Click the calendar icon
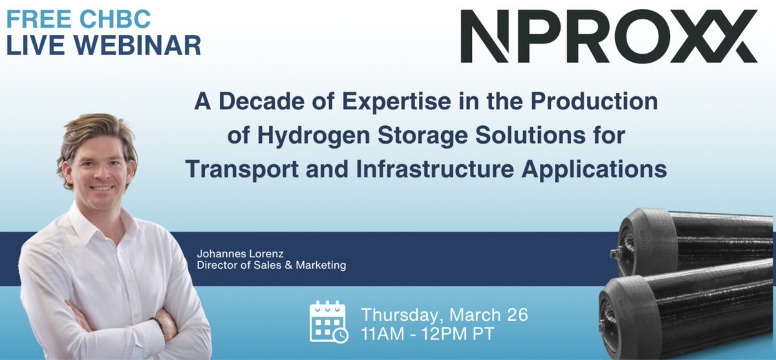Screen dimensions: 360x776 (328, 321)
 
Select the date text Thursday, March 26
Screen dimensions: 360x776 (444, 315)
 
